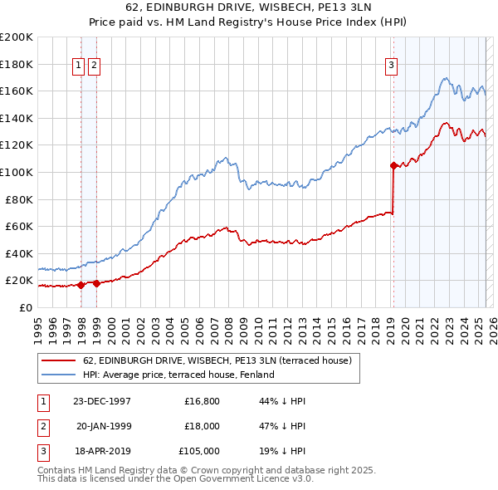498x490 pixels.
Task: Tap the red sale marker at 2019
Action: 393,165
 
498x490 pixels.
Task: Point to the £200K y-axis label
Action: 17,37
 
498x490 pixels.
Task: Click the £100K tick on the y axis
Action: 17,172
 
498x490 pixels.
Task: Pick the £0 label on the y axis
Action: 26,307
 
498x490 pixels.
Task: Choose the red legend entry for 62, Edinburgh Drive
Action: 217,360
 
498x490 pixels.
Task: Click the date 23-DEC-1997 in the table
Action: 102,401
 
